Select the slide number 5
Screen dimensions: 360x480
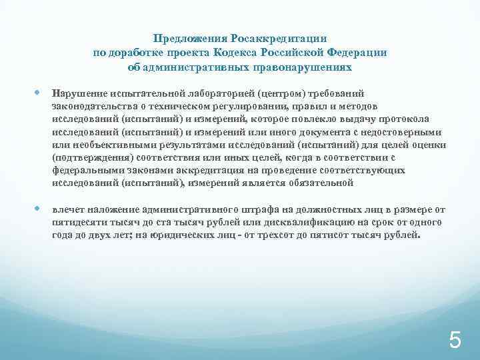coord(455,341)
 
